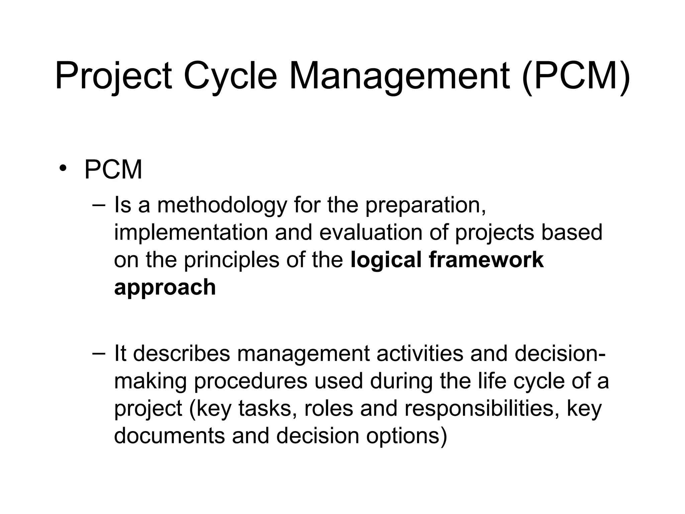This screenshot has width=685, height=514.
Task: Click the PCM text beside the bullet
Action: [x=113, y=170]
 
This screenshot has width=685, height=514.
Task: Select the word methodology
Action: [x=222, y=205]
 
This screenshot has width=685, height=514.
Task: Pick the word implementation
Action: [x=191, y=232]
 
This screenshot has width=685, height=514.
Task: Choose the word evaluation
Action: [x=371, y=232]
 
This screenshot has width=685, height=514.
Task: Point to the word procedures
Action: [x=250, y=381]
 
